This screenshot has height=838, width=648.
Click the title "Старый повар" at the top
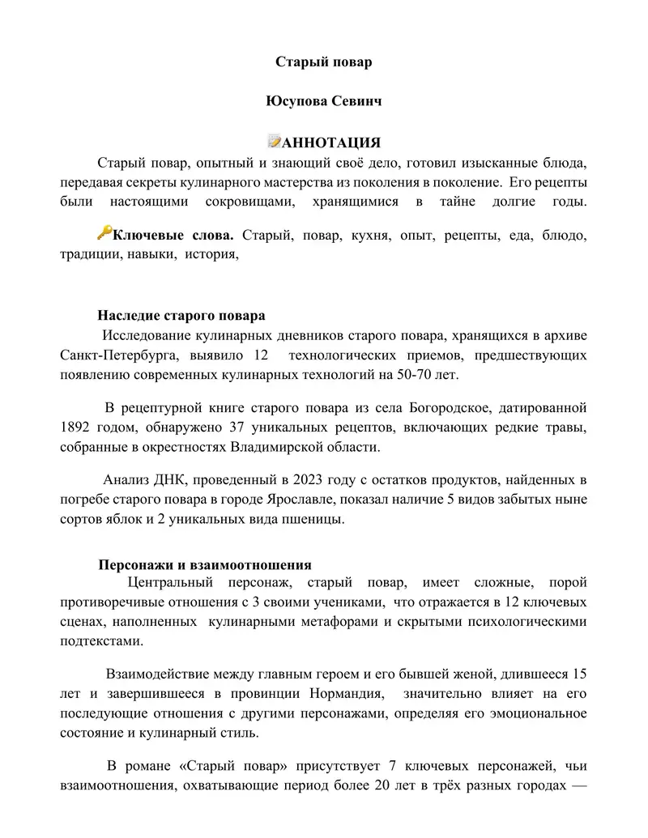323,62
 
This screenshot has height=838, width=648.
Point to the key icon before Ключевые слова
104,233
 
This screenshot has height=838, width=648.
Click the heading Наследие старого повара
181,315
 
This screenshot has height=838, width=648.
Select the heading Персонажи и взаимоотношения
204,565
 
